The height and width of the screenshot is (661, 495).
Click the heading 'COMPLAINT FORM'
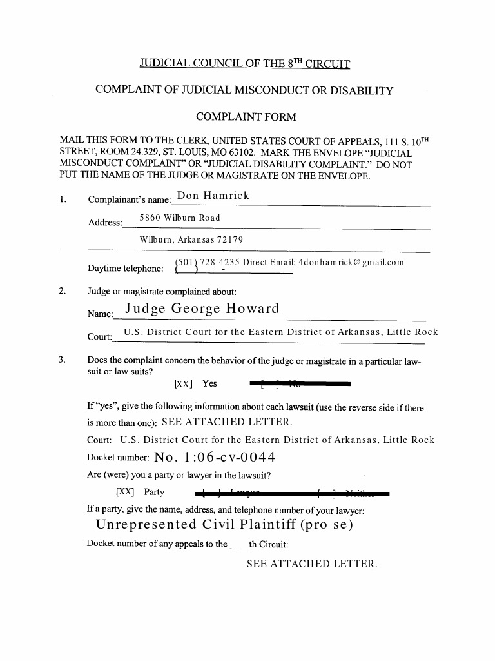pyautogui.click(x=246, y=117)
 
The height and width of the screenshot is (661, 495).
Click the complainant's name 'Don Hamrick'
pyautogui.click(x=213, y=196)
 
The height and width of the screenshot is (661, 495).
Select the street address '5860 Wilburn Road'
pyautogui.click(x=180, y=218)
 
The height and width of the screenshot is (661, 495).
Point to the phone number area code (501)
pyautogui.click(x=187, y=262)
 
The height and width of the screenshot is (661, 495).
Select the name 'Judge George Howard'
pyautogui.click(x=202, y=309)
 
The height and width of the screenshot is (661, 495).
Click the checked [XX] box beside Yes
pyautogui.click(x=184, y=384)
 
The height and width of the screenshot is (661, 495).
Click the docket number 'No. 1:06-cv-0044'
pyautogui.click(x=215, y=458)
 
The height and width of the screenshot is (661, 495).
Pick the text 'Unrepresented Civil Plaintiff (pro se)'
pyautogui.click(x=224, y=524)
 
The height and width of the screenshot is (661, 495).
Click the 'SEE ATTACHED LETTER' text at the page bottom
pyautogui.click(x=311, y=564)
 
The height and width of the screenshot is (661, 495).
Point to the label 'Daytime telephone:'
pyautogui.click(x=126, y=269)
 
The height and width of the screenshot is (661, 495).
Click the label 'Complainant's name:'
pyautogui.click(x=130, y=199)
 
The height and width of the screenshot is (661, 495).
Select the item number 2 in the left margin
pyautogui.click(x=62, y=291)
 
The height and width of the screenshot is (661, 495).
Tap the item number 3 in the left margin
pyautogui.click(x=62, y=360)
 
